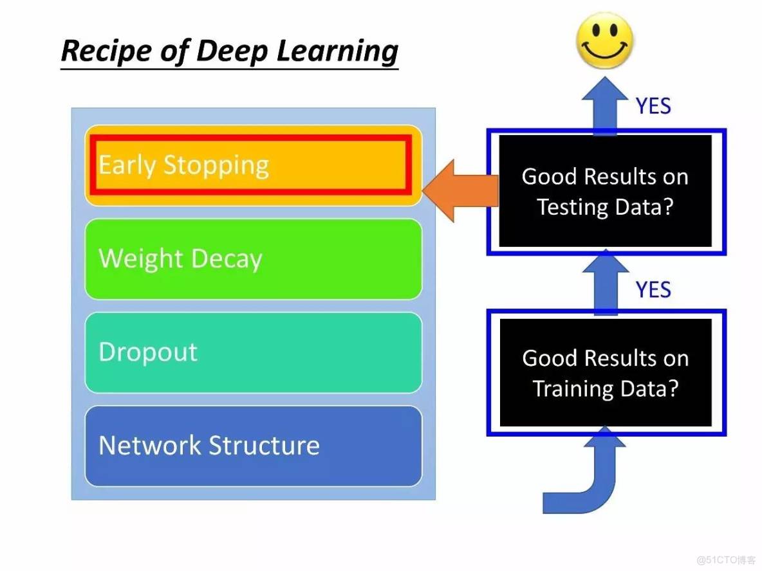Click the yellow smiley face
click(x=604, y=41)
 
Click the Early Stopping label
click(x=183, y=165)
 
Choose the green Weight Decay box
click(x=253, y=259)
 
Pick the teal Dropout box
click(x=253, y=352)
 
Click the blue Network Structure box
click(x=253, y=446)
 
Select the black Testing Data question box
click(x=605, y=191)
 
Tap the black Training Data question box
click(x=605, y=373)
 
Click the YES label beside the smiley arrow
click(x=653, y=106)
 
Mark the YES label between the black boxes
click(x=653, y=290)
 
